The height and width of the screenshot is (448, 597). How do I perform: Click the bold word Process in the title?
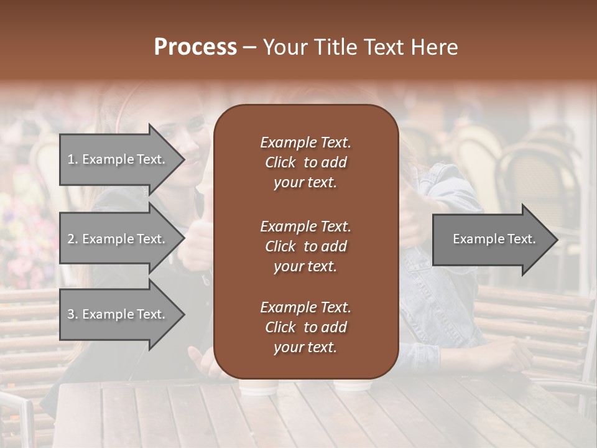click(x=195, y=47)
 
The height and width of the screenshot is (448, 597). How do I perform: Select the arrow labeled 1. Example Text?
click(x=118, y=159)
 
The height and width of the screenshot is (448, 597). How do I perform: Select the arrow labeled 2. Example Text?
click(x=118, y=239)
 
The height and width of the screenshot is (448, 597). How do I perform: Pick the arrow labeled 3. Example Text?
click(x=118, y=314)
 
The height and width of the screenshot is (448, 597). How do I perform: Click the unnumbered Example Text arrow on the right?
click(x=491, y=239)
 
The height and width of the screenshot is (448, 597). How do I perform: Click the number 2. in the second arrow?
click(x=73, y=239)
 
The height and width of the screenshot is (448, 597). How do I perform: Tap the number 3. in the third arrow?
click(x=73, y=314)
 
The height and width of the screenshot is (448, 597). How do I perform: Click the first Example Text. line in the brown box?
click(x=305, y=142)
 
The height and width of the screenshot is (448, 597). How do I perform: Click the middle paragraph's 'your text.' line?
click(x=305, y=266)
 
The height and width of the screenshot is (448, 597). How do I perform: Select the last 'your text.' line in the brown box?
click(x=305, y=347)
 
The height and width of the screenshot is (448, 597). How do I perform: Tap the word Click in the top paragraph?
click(x=280, y=162)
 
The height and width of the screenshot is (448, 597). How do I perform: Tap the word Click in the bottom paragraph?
click(x=280, y=327)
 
